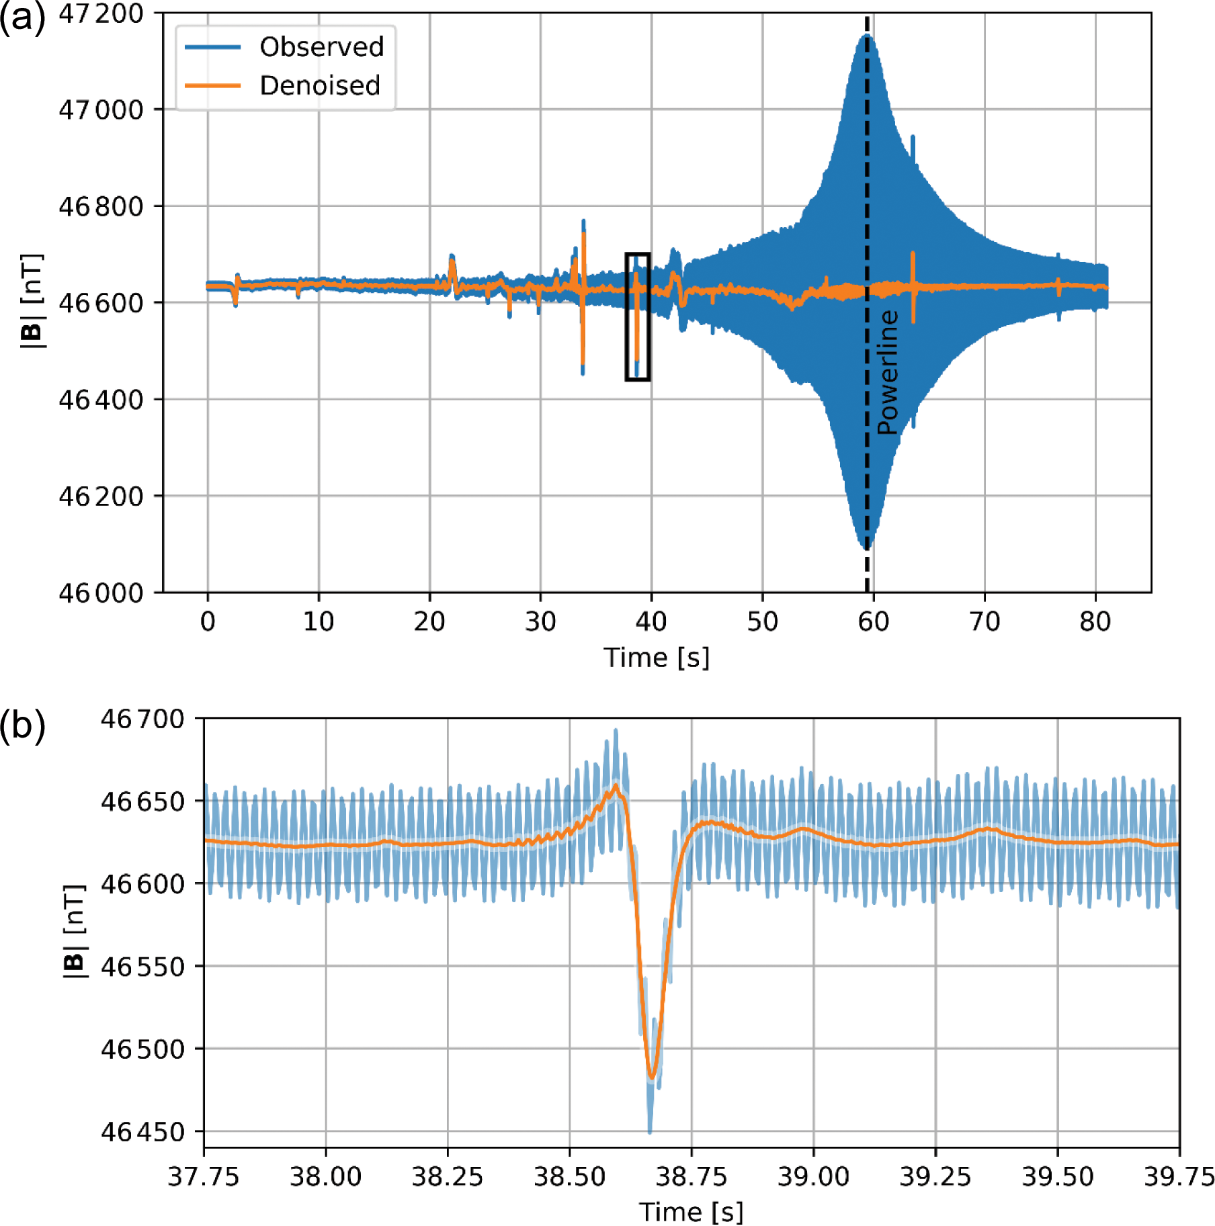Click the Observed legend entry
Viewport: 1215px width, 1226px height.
click(321, 47)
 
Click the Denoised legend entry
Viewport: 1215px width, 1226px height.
click(320, 85)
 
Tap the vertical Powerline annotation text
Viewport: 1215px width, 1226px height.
click(887, 372)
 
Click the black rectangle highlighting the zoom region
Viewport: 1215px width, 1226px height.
click(638, 316)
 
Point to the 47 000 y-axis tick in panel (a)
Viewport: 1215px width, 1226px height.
click(101, 110)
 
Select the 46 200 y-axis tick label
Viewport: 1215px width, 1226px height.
click(101, 496)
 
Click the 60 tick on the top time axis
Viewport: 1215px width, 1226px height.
click(873, 621)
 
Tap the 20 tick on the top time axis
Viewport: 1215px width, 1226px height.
click(429, 621)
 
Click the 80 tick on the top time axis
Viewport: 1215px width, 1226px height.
click(1095, 621)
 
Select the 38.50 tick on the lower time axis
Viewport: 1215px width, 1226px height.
click(569, 1176)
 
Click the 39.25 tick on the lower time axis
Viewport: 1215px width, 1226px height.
click(935, 1176)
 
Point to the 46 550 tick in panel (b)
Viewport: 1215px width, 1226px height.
click(142, 967)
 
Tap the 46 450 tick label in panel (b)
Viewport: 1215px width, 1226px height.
click(142, 1132)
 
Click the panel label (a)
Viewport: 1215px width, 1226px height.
click(23, 18)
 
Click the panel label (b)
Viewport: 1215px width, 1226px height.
click(23, 726)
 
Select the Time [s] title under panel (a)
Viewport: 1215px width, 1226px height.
click(657, 658)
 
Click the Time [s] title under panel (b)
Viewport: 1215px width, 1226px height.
click(691, 1212)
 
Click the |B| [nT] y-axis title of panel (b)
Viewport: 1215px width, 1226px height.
click(75, 931)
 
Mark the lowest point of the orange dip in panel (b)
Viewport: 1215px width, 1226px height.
click(651, 1078)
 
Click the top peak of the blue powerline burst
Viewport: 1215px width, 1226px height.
click(867, 35)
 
